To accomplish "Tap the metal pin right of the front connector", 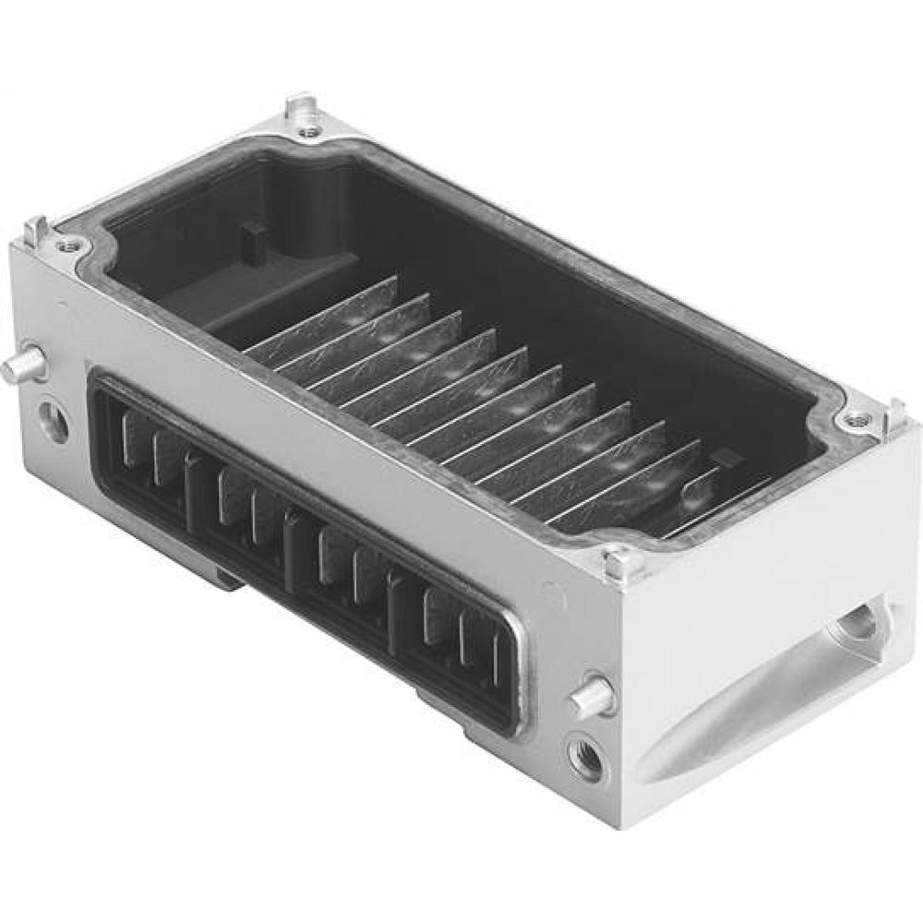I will click(593, 696).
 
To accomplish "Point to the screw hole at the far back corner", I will click(308, 132).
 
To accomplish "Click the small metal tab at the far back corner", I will click(299, 106).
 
